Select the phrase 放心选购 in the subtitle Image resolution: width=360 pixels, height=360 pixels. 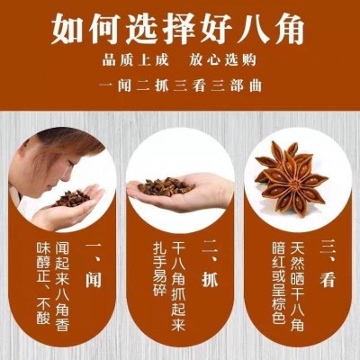221,63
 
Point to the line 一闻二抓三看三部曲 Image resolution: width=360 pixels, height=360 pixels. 180,89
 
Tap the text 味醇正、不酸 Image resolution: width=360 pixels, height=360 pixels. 40,290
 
